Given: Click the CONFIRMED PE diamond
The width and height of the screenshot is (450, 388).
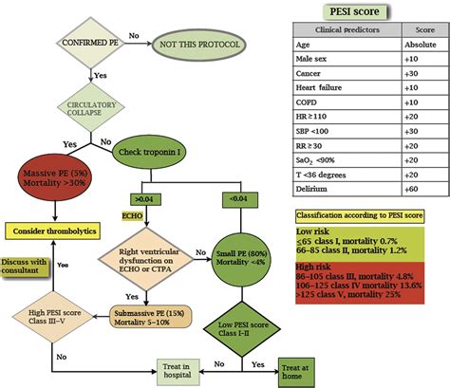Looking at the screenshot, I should [x=90, y=44].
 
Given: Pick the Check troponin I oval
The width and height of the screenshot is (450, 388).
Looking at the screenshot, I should [x=158, y=151].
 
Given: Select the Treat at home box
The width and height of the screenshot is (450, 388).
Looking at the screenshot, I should [x=291, y=368].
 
